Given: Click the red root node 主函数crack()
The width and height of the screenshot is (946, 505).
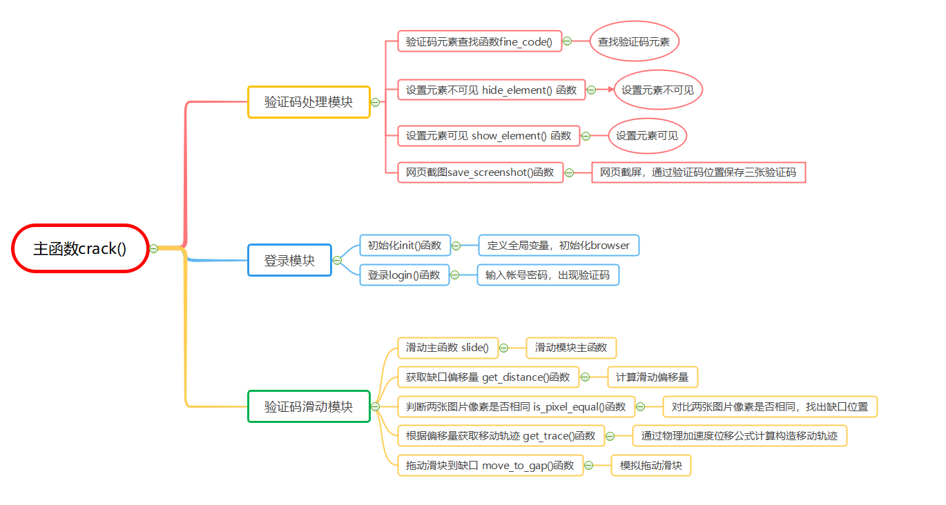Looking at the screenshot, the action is click(x=80, y=248).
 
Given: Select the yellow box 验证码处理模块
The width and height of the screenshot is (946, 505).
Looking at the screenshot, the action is click(x=309, y=102).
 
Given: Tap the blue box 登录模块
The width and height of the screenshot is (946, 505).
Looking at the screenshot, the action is click(x=289, y=260).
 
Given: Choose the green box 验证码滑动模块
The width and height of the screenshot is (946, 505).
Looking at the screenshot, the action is click(x=309, y=406).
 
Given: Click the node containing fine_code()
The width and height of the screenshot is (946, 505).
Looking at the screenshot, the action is click(x=479, y=41).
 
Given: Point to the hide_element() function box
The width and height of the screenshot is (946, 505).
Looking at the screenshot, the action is click(x=491, y=90).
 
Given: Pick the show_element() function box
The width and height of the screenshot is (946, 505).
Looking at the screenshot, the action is click(x=488, y=136).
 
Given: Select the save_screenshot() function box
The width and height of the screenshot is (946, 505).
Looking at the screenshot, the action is click(x=480, y=172).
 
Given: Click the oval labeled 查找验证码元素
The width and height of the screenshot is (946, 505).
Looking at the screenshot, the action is click(x=634, y=41).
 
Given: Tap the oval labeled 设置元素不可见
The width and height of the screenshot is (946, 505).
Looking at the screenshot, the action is click(x=658, y=90).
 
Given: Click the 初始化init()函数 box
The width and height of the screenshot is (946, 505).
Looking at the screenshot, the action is click(x=404, y=245).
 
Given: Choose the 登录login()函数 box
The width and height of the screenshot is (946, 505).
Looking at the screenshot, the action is click(x=404, y=275).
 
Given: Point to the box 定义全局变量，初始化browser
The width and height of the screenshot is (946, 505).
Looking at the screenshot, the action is click(x=559, y=245).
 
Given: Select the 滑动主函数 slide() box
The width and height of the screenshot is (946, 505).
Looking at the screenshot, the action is click(x=447, y=348).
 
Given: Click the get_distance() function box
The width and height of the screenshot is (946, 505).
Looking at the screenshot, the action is click(x=488, y=377).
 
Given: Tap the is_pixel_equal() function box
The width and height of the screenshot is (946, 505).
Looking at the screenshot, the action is click(x=516, y=406).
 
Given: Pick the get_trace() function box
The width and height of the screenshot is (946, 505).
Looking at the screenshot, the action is click(x=501, y=435).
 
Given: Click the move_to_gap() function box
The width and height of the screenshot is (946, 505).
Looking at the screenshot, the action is click(x=490, y=466).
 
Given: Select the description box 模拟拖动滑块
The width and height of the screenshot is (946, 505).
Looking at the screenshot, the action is click(x=651, y=466).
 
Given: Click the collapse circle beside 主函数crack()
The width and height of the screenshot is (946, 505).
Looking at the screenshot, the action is click(x=154, y=248).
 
